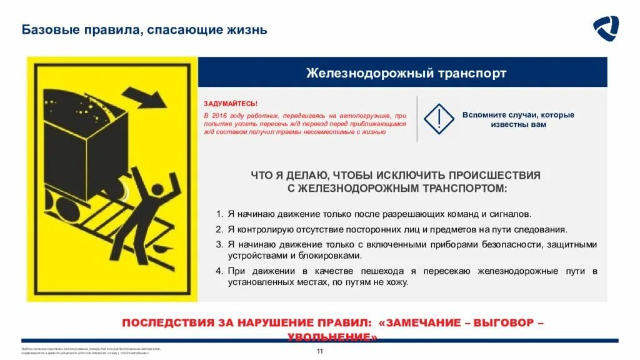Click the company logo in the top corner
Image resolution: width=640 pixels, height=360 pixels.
tap(606, 29)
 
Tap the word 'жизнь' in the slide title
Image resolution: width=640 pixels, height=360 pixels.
tap(249, 29)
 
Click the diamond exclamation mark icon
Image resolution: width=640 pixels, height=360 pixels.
tap(439, 119)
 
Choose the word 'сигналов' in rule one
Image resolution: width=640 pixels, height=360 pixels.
tap(512, 214)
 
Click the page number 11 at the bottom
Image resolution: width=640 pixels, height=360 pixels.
tap(320, 351)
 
